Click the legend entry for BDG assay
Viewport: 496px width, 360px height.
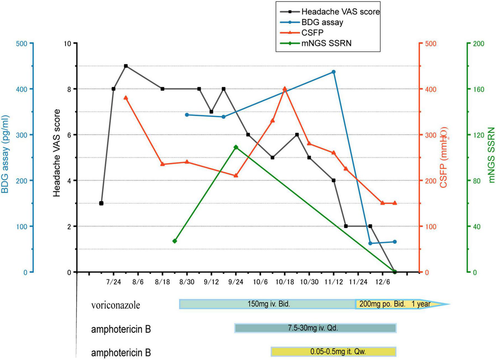(322, 22)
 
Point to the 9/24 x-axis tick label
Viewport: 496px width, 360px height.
(236, 282)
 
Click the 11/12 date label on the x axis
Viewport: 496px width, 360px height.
(333, 282)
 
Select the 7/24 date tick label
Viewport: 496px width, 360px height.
(113, 282)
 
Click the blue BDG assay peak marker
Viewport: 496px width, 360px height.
(333, 72)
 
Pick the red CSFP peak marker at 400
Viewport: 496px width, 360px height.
(285, 89)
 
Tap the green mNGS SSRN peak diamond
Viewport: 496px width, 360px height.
(236, 147)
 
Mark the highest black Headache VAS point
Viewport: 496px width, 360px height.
(126, 66)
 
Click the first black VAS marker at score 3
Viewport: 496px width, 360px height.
(101, 203)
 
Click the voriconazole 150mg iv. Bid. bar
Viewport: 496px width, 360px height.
(268, 304)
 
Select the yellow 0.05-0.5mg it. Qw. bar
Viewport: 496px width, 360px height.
(333, 352)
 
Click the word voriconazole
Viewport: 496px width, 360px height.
(115, 305)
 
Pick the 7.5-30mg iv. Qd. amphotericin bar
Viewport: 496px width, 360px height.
(315, 328)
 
